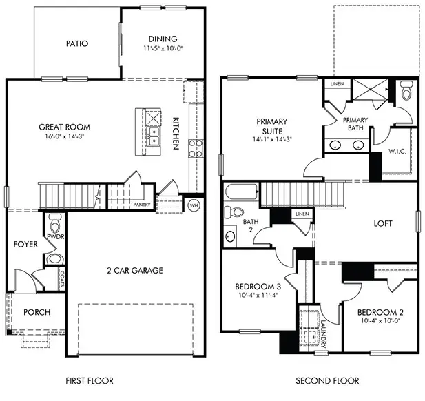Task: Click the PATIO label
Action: [77, 43]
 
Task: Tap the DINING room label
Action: [163, 39]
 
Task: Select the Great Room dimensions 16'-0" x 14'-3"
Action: [65, 137]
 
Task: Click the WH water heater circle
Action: [194, 205]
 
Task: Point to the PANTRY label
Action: [142, 205]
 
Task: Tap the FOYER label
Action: [25, 244]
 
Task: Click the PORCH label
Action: [37, 312]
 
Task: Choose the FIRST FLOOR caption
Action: [89, 380]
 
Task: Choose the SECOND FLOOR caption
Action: [327, 380]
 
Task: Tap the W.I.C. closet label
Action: [397, 151]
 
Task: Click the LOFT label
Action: [383, 223]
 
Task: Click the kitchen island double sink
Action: [156, 136]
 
